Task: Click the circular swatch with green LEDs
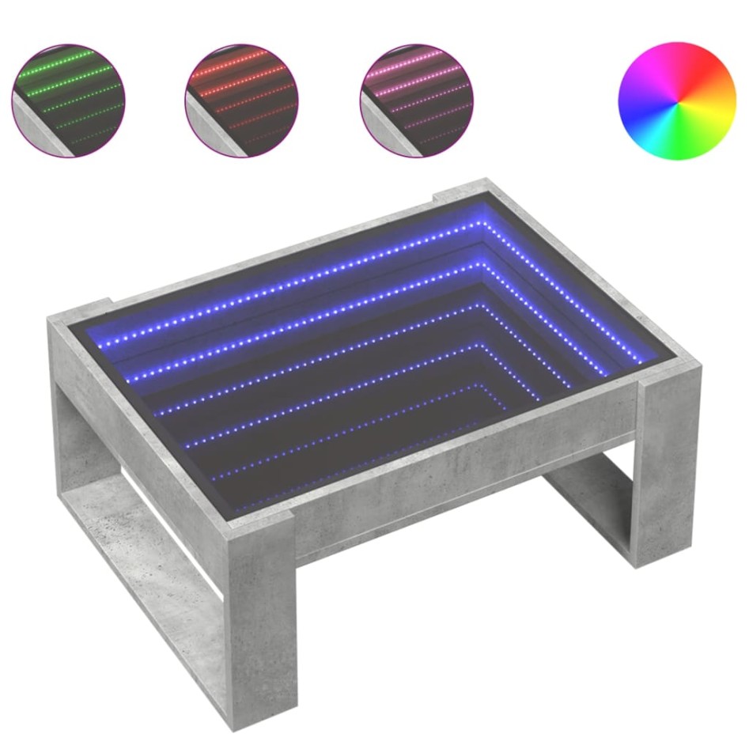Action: click(x=68, y=100)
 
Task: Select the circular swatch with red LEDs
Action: click(x=241, y=100)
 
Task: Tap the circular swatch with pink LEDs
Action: click(x=417, y=100)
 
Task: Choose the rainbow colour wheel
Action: click(x=676, y=101)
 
